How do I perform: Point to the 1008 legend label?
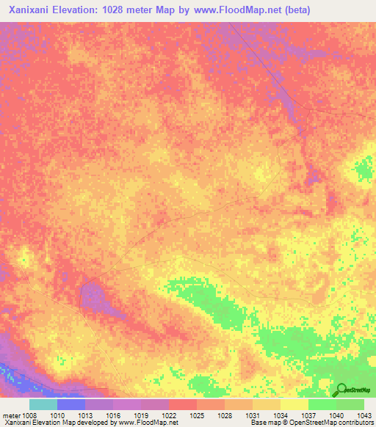[x=29, y=415]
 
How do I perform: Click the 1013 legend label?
[x=85, y=415]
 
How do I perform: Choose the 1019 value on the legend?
[x=141, y=415]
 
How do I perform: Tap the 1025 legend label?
[x=197, y=415]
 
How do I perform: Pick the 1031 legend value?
[x=253, y=415]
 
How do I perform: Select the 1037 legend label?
[x=308, y=415]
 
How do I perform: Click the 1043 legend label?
[x=363, y=415]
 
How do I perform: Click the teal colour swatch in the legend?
[x=43, y=404]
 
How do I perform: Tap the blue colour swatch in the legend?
[x=71, y=404]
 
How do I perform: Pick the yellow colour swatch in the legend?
[x=294, y=404]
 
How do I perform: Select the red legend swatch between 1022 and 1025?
[x=183, y=404]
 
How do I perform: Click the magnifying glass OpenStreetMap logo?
[x=340, y=390]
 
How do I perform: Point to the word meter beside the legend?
[x=10, y=415]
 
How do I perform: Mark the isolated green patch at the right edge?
[x=363, y=170]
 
